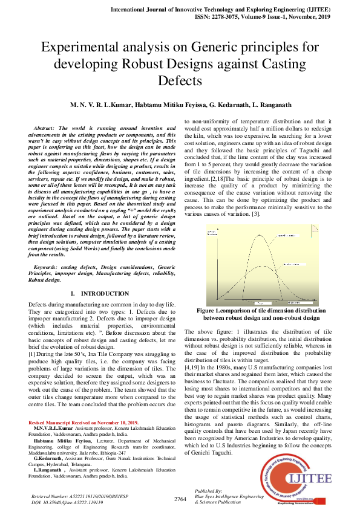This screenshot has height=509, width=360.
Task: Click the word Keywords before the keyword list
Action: (47, 266)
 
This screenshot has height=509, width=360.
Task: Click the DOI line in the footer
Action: (66, 501)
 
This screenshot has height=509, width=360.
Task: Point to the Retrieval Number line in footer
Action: (79, 495)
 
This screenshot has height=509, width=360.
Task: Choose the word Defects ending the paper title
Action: (180, 79)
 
